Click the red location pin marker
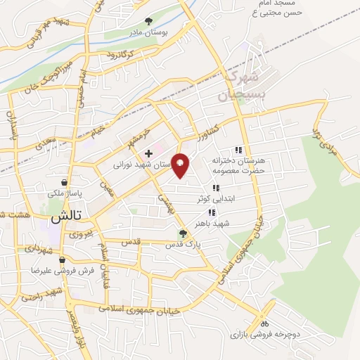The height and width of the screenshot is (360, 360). tap(181, 165)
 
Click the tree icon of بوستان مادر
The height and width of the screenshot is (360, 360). tap(148, 21)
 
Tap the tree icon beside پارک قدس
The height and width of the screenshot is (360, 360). tap(184, 234)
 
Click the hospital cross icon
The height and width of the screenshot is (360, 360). tap(148, 153)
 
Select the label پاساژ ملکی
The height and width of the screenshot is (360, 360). tap(65, 193)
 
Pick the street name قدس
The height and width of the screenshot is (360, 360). tap(131, 241)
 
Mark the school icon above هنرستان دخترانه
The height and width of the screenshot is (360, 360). tap(238, 150)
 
